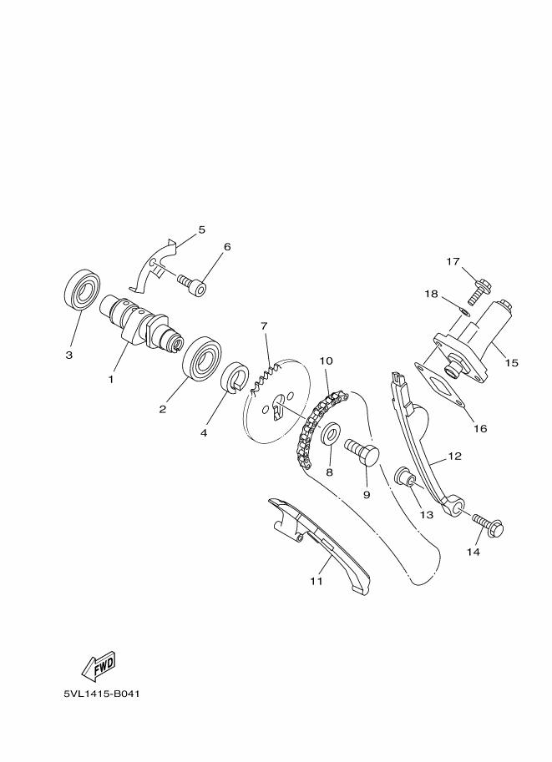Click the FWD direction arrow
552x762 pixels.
pyautogui.click(x=98, y=665)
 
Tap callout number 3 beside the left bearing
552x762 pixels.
pyautogui.click(x=69, y=355)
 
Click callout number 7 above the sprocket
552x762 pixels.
pyautogui.click(x=263, y=325)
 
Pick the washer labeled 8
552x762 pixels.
pyautogui.click(x=330, y=434)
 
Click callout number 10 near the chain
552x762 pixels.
pyautogui.click(x=326, y=361)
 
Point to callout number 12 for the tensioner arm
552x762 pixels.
pyautogui.click(x=454, y=457)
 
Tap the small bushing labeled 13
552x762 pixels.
pyautogui.click(x=405, y=479)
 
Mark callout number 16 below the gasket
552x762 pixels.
pyautogui.click(x=480, y=429)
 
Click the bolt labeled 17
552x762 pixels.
pyautogui.click(x=477, y=290)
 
